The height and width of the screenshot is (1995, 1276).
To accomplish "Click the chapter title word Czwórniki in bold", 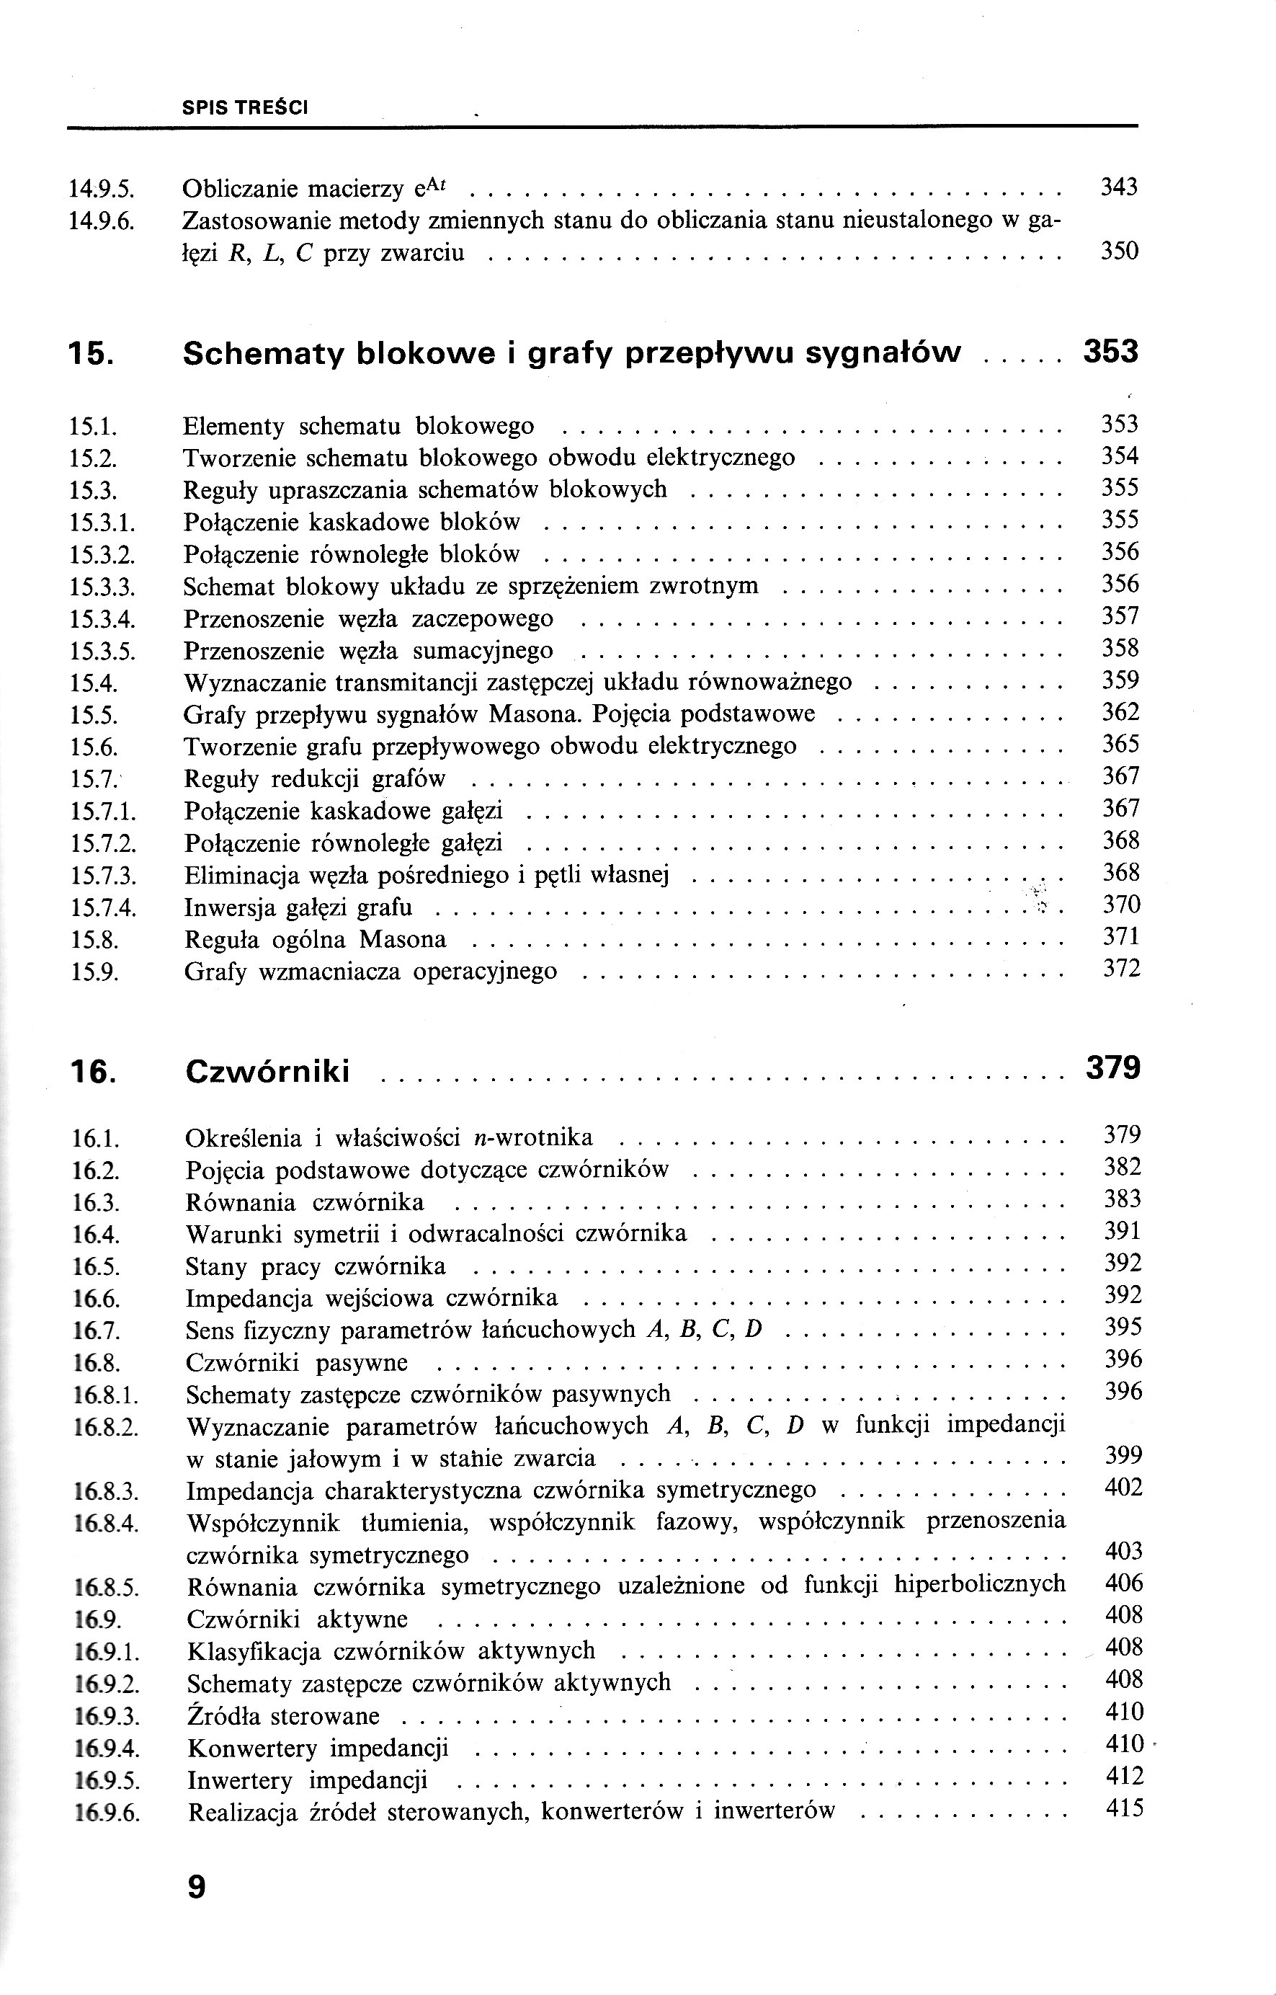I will pyautogui.click(x=267, y=1072).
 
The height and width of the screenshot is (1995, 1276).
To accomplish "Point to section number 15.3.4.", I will pyautogui.click(x=103, y=619).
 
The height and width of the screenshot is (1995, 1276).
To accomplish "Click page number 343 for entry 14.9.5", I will pyautogui.click(x=1118, y=187).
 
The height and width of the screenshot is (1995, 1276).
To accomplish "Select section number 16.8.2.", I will pyautogui.click(x=107, y=1427).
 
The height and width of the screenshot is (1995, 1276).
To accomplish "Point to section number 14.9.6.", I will pyautogui.click(x=102, y=221).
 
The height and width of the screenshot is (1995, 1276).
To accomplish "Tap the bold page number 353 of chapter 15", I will pyautogui.click(x=1110, y=352).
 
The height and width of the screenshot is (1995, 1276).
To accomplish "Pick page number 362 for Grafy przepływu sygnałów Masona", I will pyautogui.click(x=1120, y=712).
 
